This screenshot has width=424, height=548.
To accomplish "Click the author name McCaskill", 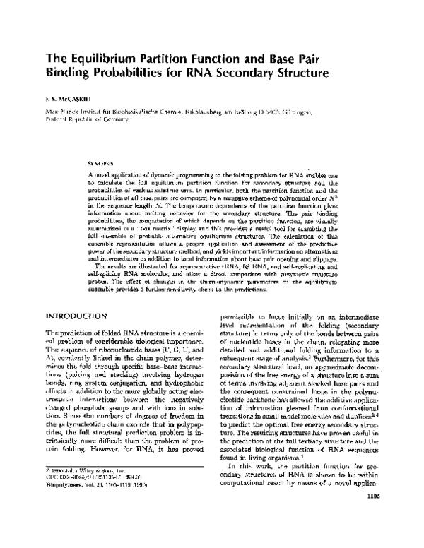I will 76,100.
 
